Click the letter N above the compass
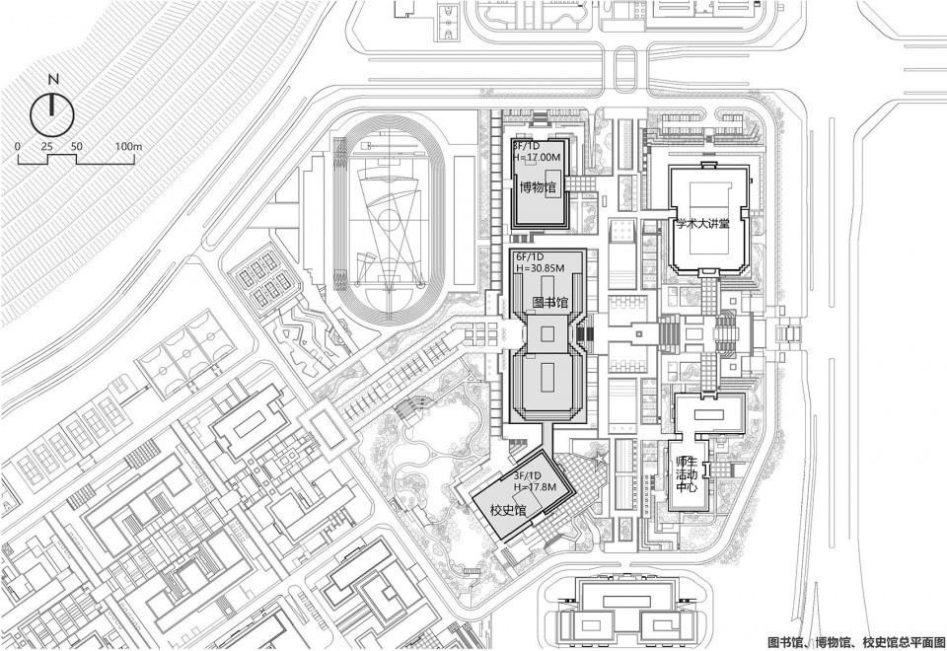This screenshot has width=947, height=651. point(53,79)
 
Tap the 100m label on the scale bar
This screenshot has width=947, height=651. point(128,147)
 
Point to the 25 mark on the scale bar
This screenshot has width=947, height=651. point(47,147)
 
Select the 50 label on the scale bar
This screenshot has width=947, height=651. point(76,147)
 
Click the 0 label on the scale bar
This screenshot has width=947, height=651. point(18,147)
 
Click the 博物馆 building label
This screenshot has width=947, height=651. point(538,187)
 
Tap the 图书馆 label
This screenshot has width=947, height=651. point(549,301)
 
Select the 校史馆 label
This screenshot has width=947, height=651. point(508,510)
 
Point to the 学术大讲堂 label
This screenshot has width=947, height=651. point(703,224)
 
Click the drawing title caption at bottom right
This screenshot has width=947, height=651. point(856,641)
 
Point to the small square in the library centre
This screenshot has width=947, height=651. point(547,334)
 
